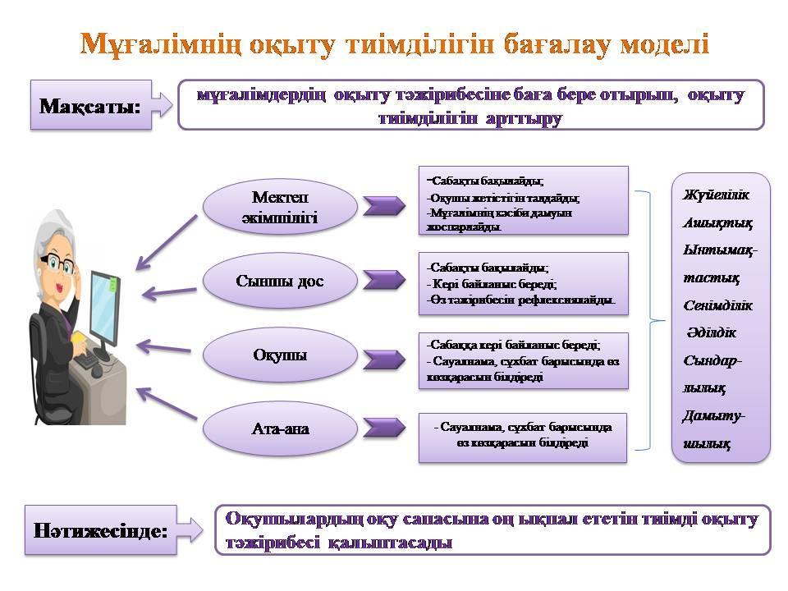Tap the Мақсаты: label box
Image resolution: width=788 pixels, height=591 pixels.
pos(91,105)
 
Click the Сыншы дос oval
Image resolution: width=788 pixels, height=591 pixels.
pos(280,281)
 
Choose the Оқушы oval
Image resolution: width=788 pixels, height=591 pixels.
pos(280,355)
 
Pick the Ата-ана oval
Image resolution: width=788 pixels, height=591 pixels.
pos(280,428)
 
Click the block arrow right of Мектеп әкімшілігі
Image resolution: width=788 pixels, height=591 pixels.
pos(383,206)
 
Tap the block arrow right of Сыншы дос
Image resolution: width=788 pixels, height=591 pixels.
pos(383,280)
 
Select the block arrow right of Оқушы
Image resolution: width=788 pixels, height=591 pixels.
pos(383,359)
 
